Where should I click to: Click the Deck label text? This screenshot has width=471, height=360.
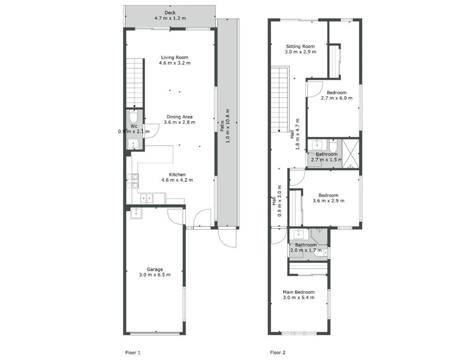(170, 12)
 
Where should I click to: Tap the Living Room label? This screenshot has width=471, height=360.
(174, 57)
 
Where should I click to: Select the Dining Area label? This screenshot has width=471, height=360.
(180, 117)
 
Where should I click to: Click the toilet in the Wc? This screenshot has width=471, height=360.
(133, 116)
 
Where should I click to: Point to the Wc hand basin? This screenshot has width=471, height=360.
(133, 144)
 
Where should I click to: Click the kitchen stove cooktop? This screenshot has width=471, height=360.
(133, 181)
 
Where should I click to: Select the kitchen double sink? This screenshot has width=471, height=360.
(147, 198)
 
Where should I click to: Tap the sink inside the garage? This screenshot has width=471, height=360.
(136, 213)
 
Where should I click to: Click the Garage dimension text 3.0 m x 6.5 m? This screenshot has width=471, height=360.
(155, 275)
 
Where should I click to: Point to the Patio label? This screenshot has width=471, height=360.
(222, 126)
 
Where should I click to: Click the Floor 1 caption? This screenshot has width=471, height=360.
(133, 353)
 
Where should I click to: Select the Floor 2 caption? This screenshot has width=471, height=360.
(277, 353)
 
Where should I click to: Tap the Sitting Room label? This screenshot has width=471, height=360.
(300, 46)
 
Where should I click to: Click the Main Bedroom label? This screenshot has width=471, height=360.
(299, 292)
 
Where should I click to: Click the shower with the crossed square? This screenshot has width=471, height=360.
(350, 154)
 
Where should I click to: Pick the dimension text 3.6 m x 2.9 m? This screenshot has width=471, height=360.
(328, 200)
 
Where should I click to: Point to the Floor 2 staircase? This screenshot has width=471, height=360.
(280, 99)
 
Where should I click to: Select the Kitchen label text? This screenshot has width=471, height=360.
(177, 174)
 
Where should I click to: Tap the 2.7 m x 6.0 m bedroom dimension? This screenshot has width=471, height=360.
(337, 98)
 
